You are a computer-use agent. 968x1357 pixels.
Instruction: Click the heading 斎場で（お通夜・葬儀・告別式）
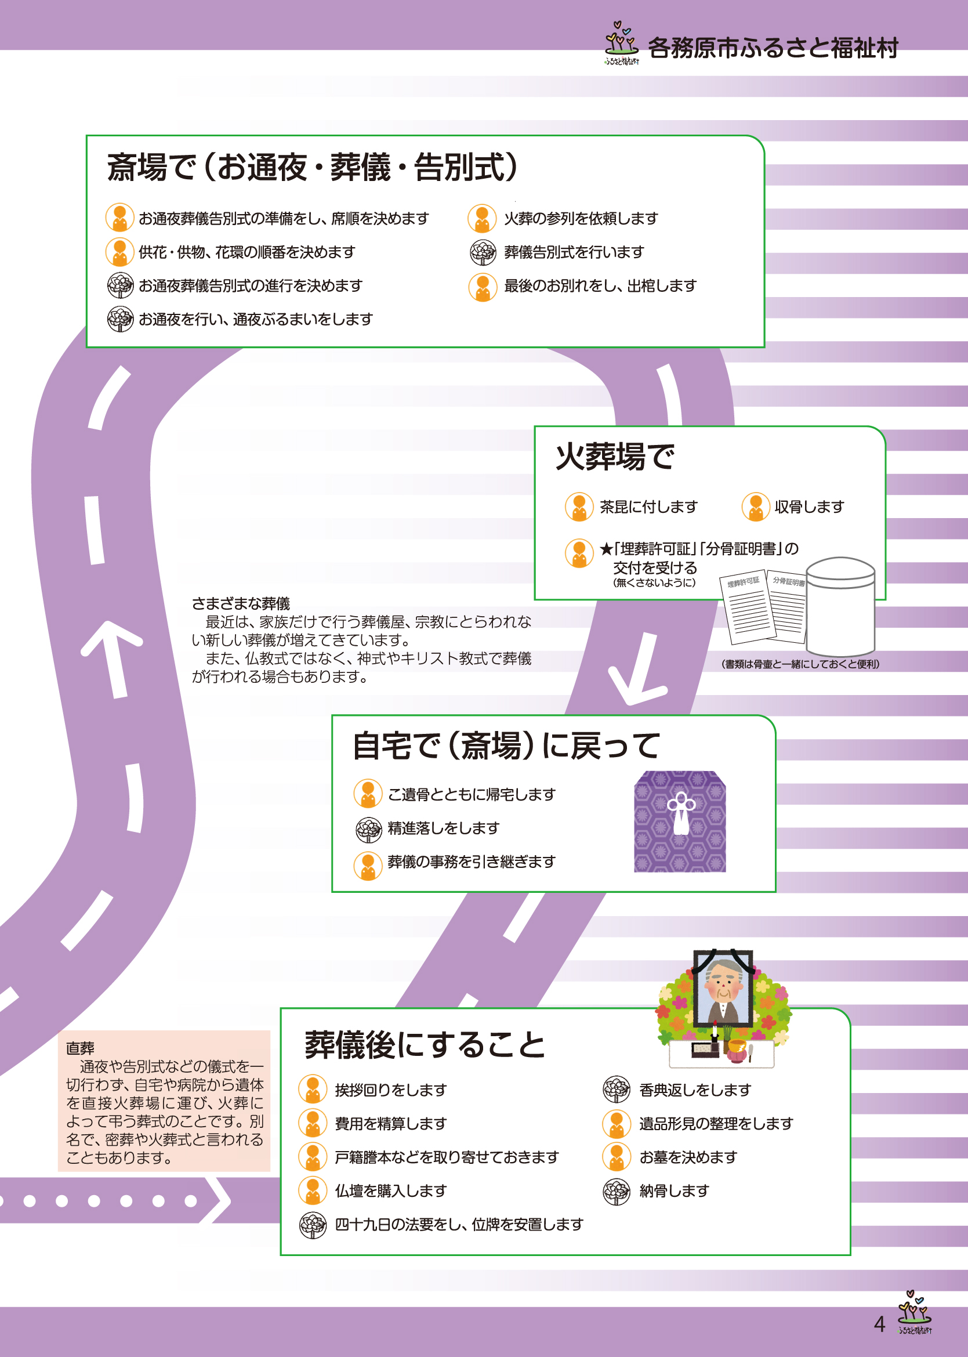(x=313, y=167)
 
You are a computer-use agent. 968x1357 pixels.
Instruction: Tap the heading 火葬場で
(x=615, y=457)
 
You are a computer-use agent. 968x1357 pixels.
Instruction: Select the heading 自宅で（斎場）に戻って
(x=506, y=746)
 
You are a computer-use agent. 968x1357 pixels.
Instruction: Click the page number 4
(x=879, y=1324)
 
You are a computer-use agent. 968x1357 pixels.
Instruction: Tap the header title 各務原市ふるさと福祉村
(x=773, y=48)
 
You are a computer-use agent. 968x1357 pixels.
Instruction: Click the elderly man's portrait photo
(x=723, y=987)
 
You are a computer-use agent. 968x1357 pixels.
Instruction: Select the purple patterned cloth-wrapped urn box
(x=680, y=822)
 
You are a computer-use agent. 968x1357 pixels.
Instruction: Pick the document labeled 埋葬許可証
(x=747, y=610)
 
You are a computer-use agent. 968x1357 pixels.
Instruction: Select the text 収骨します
(x=809, y=507)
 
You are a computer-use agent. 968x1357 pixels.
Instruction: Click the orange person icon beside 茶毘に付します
(x=579, y=507)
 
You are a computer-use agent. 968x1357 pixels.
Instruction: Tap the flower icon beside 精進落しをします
(x=368, y=828)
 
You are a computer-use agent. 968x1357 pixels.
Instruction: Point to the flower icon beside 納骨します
(x=617, y=1191)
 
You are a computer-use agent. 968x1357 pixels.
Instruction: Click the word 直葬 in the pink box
(x=80, y=1048)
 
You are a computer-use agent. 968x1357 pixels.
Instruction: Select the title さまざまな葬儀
(x=241, y=603)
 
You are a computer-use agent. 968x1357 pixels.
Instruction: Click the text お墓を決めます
(x=688, y=1157)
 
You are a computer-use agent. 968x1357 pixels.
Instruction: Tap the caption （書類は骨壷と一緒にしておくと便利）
(x=800, y=664)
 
